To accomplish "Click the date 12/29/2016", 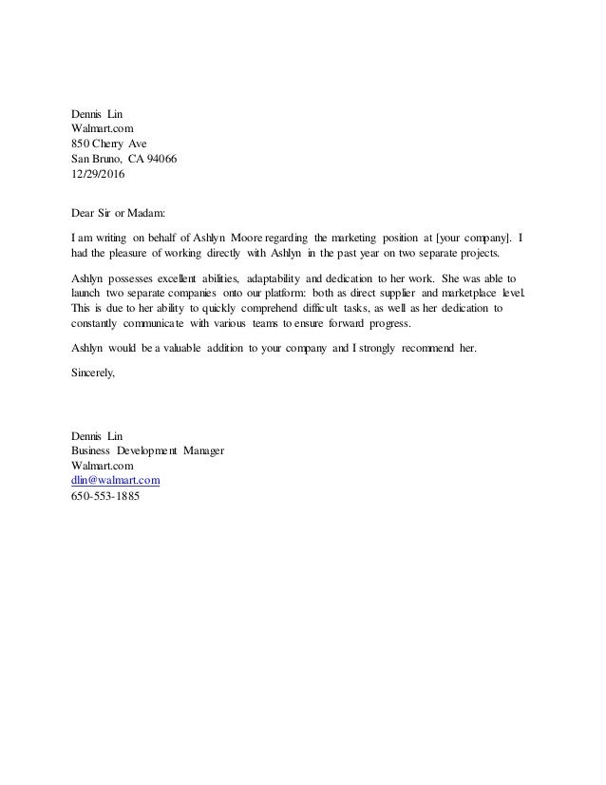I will (x=98, y=175).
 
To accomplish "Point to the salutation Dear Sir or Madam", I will (x=119, y=215).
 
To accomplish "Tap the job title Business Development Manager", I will (x=148, y=450).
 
